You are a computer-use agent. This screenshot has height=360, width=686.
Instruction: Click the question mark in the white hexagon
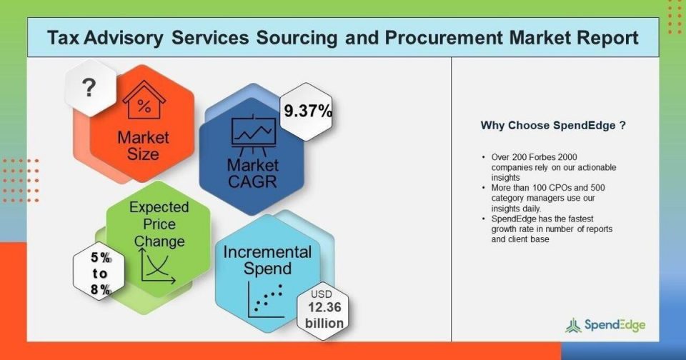click(x=89, y=87)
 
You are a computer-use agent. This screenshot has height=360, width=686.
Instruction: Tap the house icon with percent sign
click(x=144, y=100)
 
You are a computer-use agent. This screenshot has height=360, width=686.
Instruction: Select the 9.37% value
click(x=308, y=111)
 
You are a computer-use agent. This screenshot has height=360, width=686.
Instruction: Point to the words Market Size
click(x=143, y=146)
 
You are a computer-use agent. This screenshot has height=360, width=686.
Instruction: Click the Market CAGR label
click(x=252, y=174)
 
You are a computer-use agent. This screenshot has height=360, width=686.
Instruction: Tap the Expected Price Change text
click(x=159, y=224)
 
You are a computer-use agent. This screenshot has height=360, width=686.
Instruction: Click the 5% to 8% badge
click(x=100, y=273)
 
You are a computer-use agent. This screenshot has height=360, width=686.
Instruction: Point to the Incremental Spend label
click(x=267, y=260)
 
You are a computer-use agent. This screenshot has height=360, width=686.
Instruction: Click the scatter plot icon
click(x=265, y=299)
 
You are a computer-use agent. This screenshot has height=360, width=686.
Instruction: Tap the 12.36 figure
click(x=324, y=307)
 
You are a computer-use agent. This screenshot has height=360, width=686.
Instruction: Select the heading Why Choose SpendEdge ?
click(x=553, y=126)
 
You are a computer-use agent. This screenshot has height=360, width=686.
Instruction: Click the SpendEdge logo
click(x=605, y=325)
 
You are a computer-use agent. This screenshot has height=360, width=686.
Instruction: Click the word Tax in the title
click(x=63, y=38)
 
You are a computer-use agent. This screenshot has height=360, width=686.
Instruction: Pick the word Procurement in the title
click(x=444, y=38)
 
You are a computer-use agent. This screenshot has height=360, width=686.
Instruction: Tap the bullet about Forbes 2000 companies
click(x=549, y=167)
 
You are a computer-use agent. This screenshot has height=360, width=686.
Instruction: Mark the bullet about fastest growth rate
click(x=547, y=229)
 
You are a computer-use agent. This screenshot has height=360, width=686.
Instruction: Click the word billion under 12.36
click(x=324, y=324)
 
